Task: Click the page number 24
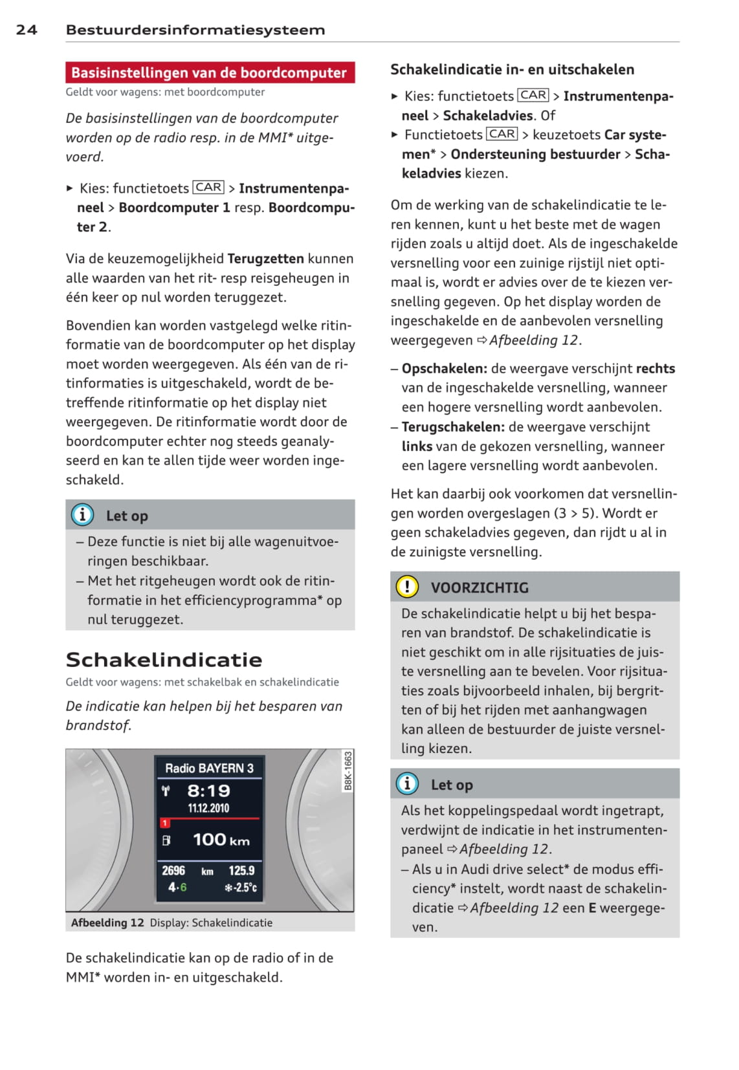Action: point(27,30)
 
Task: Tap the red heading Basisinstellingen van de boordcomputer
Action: point(209,72)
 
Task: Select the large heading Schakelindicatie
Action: point(164,659)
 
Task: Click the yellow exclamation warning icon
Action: point(407,587)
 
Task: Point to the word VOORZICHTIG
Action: point(480,587)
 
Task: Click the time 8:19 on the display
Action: point(208,790)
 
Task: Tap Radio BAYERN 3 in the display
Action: point(209,768)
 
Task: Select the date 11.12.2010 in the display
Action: point(208,808)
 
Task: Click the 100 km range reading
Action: point(221,840)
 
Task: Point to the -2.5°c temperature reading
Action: point(241,888)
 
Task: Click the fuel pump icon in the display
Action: point(166,840)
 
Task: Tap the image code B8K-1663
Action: point(348,770)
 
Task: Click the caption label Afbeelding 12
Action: point(107,923)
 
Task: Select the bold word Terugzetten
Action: point(265,259)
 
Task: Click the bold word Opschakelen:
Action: point(444,369)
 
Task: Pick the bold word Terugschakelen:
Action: point(452,427)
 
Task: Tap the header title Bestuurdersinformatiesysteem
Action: point(195,30)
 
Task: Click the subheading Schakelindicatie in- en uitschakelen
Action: point(512,70)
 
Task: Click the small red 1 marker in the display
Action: point(165,823)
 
